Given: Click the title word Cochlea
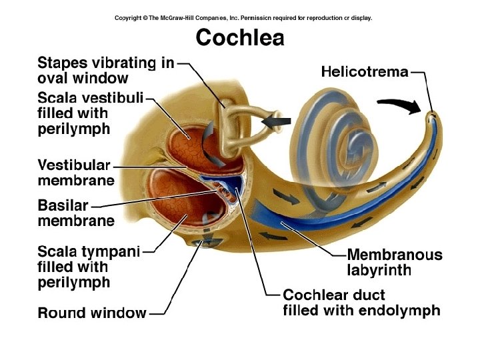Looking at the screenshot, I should (x=239, y=37).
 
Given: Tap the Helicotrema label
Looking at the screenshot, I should (x=365, y=71).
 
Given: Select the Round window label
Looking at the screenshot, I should (x=92, y=313).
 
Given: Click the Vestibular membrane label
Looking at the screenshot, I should (x=75, y=172).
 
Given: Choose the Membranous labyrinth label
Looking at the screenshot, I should (x=394, y=263).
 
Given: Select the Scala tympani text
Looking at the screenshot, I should (x=89, y=251).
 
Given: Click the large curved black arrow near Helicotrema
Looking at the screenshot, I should (x=399, y=105).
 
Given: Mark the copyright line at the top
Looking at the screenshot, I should (x=243, y=18).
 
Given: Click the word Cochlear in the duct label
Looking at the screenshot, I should (x=311, y=294).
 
